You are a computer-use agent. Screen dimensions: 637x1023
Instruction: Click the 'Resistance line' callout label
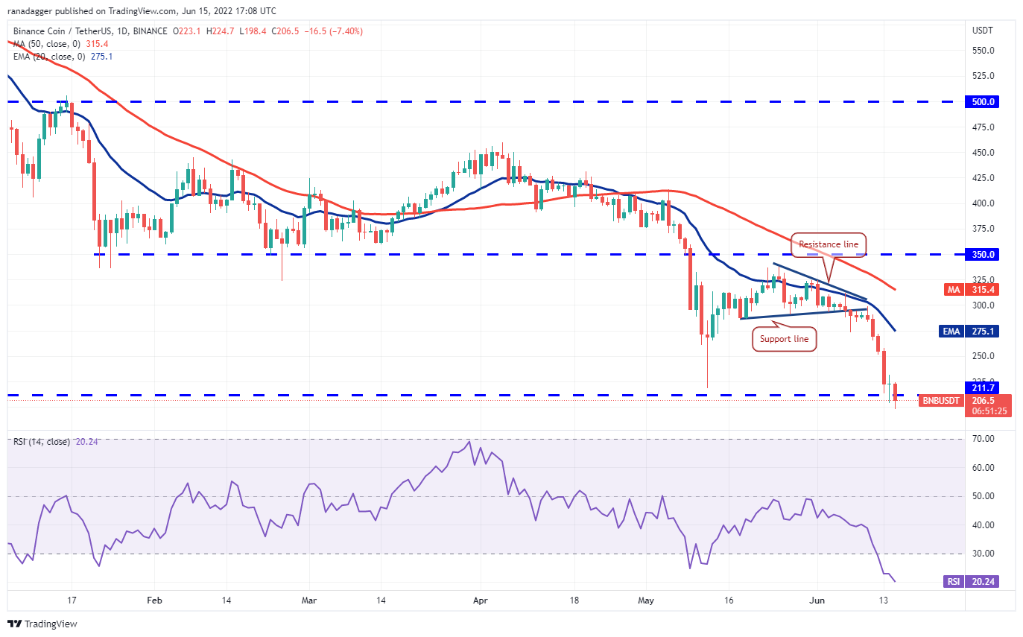(x=829, y=244)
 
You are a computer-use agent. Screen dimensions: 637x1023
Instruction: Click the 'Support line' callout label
(x=785, y=340)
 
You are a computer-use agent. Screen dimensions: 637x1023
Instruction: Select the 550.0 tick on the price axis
(x=983, y=51)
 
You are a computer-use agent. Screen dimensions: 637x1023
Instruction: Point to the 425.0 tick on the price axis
(x=983, y=178)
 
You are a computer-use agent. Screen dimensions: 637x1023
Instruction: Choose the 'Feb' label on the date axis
(x=154, y=600)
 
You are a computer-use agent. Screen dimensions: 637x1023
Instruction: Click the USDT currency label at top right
(x=982, y=31)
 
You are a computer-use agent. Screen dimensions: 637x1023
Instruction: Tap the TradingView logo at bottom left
(x=42, y=624)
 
